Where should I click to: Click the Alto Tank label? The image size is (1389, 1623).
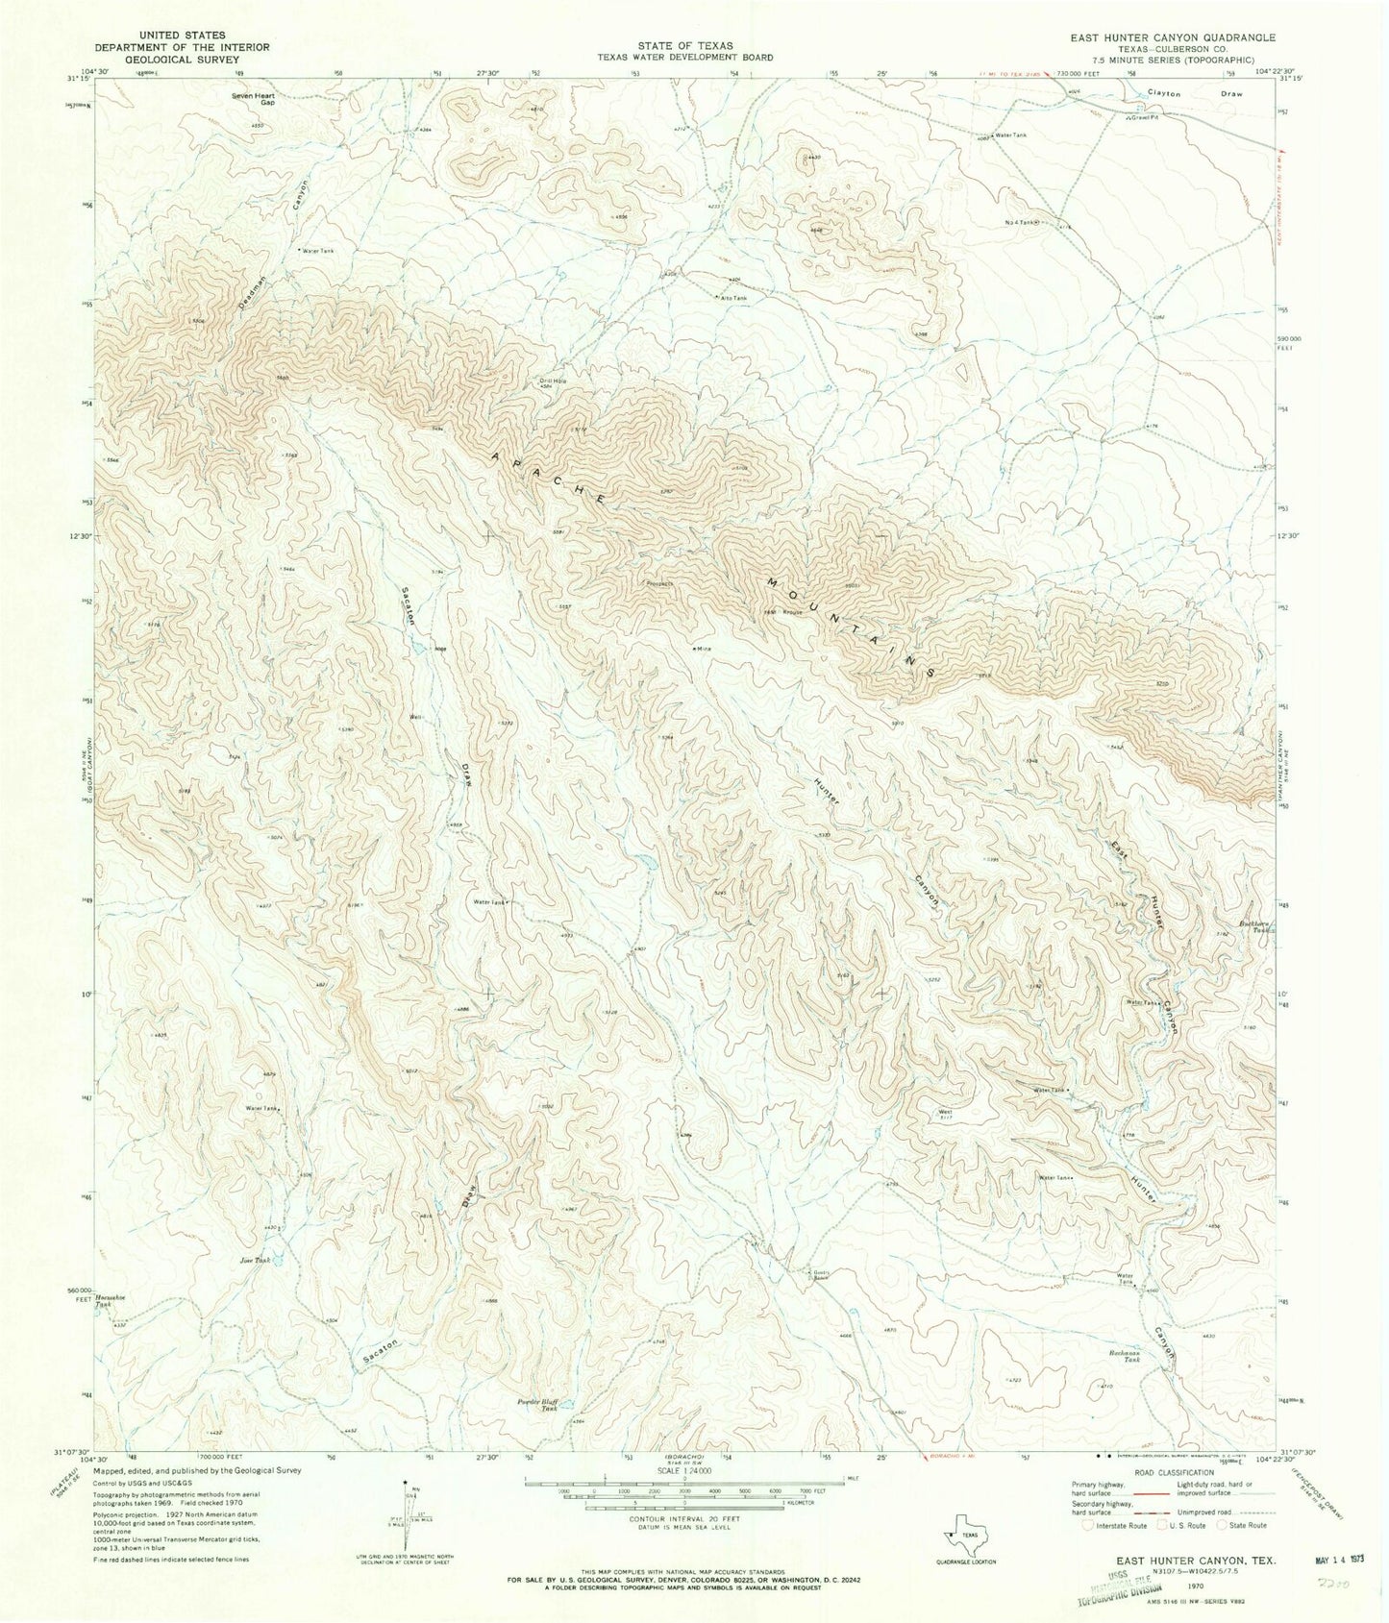733,298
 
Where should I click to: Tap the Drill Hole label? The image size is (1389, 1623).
552,382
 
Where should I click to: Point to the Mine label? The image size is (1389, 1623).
703,649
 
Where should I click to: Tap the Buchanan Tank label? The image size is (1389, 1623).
1125,1360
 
